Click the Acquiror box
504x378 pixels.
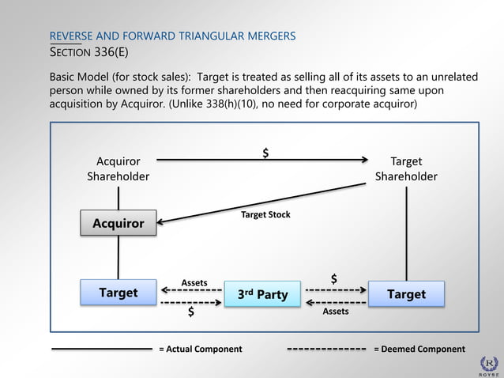tap(118, 223)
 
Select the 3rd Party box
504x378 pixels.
tap(263, 295)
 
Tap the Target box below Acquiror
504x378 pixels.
tap(118, 293)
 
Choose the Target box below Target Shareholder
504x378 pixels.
tap(406, 293)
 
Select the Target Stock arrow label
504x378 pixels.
tap(265, 214)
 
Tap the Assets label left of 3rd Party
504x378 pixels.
tap(194, 282)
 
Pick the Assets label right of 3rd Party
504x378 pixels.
tap(336, 312)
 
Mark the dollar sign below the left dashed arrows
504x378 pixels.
tap(191, 312)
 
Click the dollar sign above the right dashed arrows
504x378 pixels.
tap(334, 279)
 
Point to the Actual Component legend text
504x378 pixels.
tap(201, 349)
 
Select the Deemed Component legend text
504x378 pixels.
tap(419, 349)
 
